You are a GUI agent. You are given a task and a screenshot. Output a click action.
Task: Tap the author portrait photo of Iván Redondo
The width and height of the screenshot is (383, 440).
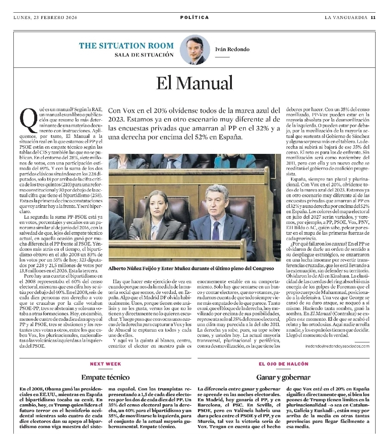coord(194,50)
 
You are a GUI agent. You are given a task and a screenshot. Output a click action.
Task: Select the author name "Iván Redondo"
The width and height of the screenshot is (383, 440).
coord(232,49)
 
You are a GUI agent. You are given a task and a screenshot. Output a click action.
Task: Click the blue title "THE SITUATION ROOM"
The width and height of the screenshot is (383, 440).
coord(126,46)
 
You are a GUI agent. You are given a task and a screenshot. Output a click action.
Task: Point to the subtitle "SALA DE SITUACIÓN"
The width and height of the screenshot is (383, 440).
coord(144,55)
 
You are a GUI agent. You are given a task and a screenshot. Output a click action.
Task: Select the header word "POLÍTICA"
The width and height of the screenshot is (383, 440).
coord(194,17)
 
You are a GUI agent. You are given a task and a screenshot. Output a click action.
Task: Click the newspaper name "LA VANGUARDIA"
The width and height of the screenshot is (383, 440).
coord(346,17)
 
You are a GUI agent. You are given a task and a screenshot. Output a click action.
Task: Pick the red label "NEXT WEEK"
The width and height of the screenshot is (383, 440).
coord(105,364)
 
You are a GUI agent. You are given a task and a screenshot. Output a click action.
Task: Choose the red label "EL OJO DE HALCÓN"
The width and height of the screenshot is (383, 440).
coord(284,364)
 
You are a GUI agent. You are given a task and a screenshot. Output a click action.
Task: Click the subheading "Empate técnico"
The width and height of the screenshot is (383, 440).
coord(105,377)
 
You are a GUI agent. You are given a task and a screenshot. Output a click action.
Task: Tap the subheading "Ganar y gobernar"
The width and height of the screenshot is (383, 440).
coord(284,377)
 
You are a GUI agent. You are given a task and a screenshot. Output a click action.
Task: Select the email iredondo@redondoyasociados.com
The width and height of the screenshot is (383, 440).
coord(337,346)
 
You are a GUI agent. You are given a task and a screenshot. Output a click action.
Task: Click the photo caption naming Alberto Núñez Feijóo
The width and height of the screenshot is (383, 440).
coord(191,268)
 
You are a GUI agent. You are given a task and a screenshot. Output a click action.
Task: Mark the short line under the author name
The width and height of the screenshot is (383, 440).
coord(223,57)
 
